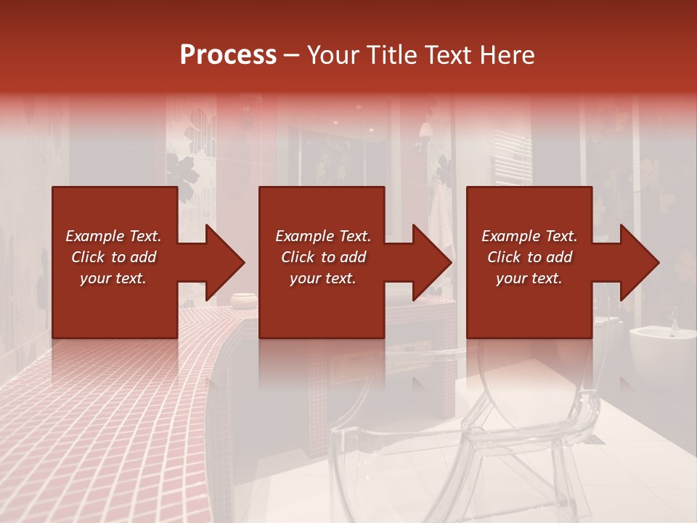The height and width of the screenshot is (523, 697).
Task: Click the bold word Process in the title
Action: tap(228, 55)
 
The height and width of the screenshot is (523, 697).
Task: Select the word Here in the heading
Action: tap(505, 55)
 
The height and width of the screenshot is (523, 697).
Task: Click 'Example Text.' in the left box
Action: tap(113, 236)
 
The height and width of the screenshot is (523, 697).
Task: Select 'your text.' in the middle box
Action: tap(322, 278)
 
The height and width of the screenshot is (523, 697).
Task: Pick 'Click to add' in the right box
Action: tap(529, 257)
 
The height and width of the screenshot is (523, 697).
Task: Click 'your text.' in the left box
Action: tap(113, 278)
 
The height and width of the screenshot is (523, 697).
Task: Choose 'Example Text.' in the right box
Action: tap(529, 236)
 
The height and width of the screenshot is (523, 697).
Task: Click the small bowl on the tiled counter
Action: tap(243, 299)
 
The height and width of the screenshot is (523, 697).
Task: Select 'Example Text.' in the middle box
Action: tap(322, 236)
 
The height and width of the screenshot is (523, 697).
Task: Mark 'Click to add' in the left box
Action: tap(113, 257)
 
